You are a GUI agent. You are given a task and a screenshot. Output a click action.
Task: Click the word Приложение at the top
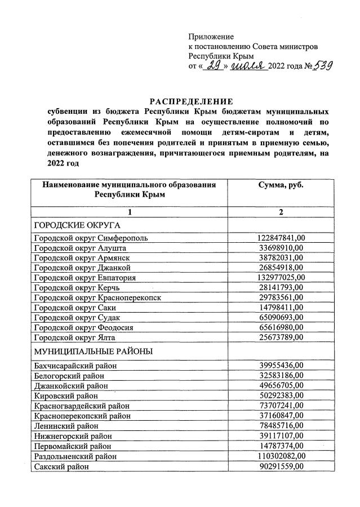(x=211, y=37)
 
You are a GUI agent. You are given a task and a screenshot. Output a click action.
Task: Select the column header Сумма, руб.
(x=281, y=185)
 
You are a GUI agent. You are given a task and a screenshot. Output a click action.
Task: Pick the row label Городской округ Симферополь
(x=91, y=238)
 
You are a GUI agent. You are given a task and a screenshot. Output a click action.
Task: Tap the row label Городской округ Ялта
(x=74, y=337)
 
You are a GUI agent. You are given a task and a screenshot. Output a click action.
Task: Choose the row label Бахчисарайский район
(x=75, y=366)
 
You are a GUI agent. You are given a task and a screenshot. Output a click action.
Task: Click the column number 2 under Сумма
(x=280, y=212)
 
